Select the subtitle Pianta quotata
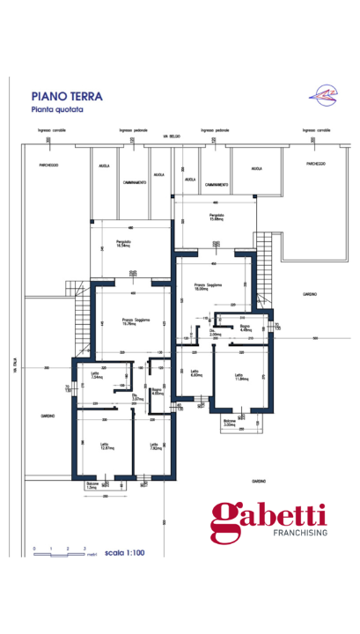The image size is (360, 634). (58, 110)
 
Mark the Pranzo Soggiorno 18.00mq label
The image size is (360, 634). (208, 286)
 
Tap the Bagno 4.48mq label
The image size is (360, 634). (246, 328)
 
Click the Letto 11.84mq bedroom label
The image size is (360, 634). (241, 377)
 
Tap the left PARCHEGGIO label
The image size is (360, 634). (48, 164)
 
